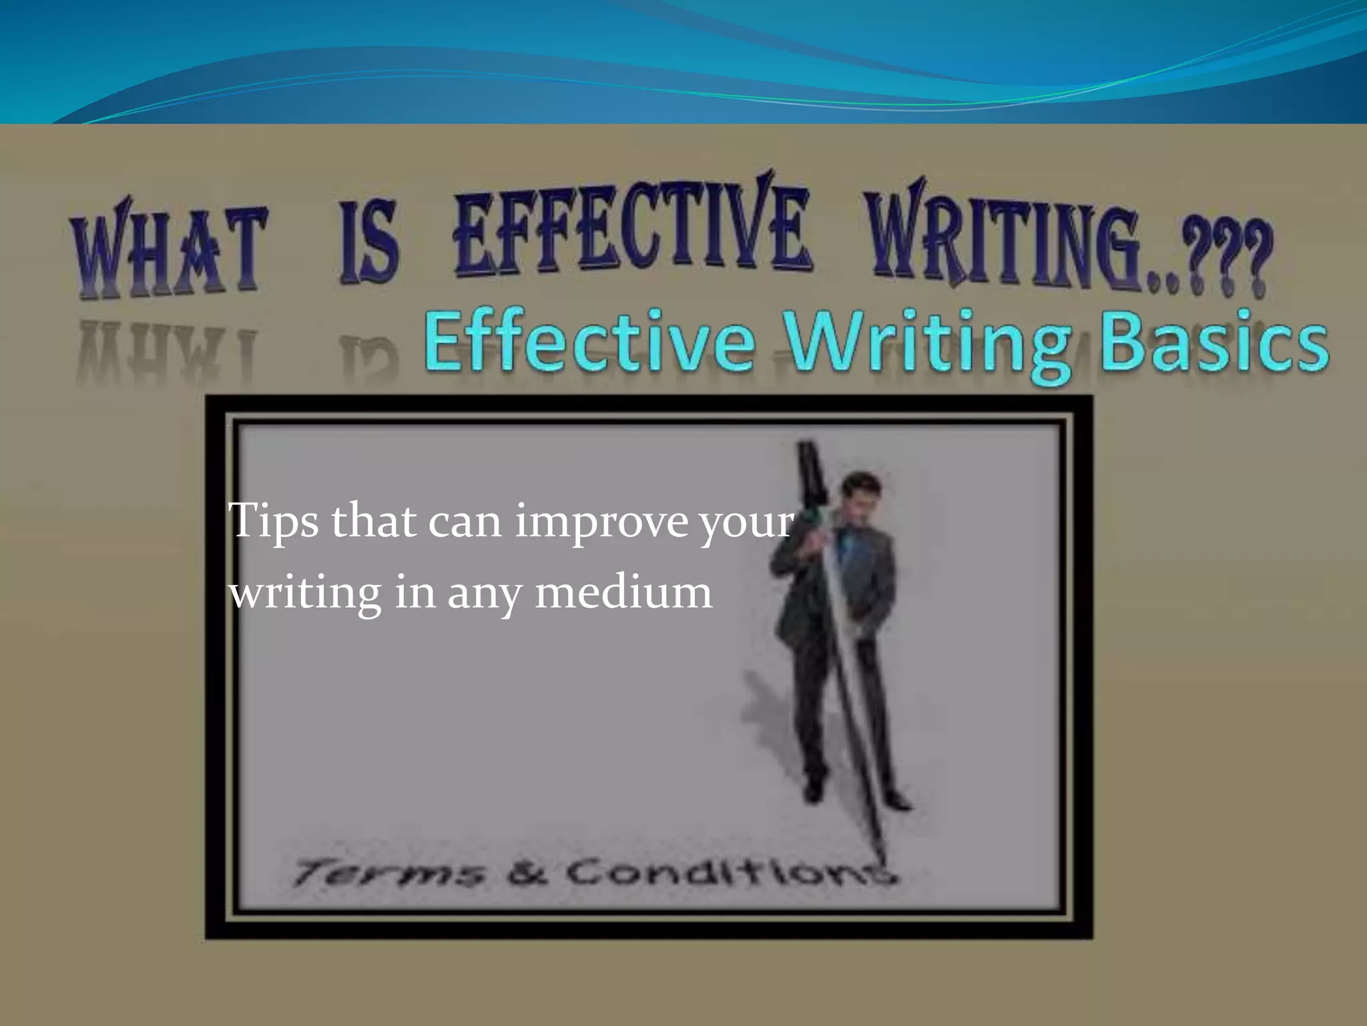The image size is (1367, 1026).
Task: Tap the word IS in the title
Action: click(x=368, y=243)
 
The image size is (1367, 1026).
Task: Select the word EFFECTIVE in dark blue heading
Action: click(x=631, y=230)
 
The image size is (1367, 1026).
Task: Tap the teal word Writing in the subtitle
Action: click(x=928, y=345)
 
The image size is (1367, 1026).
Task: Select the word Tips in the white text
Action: click(x=273, y=522)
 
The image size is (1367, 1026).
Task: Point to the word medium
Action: click(x=623, y=592)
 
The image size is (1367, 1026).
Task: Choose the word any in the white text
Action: click(x=484, y=594)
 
